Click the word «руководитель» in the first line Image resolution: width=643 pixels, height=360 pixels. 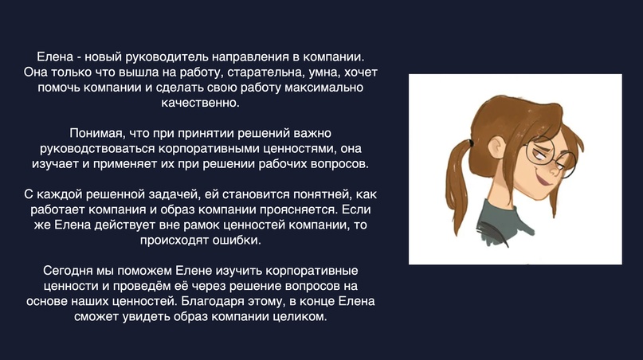(x=159, y=57)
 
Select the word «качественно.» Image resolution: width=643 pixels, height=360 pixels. (x=200, y=103)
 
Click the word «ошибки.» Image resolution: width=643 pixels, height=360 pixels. (x=237, y=240)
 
